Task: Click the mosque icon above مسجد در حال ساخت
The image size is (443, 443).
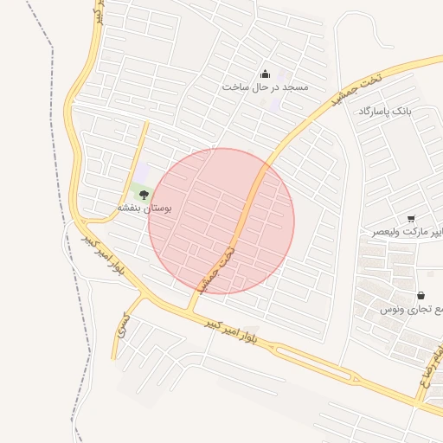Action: [x=265, y=74]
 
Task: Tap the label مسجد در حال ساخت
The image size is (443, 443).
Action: [x=265, y=87]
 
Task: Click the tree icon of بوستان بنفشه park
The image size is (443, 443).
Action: [x=144, y=195]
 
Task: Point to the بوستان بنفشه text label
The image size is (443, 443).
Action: [x=145, y=209]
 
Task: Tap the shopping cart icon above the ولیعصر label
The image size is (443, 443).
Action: [x=410, y=219]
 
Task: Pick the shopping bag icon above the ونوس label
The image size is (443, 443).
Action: [x=421, y=295]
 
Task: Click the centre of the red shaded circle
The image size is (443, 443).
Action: [x=221, y=221]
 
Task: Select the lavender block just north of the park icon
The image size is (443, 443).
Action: [x=141, y=173]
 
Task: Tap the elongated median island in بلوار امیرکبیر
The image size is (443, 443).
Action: [x=311, y=356]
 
